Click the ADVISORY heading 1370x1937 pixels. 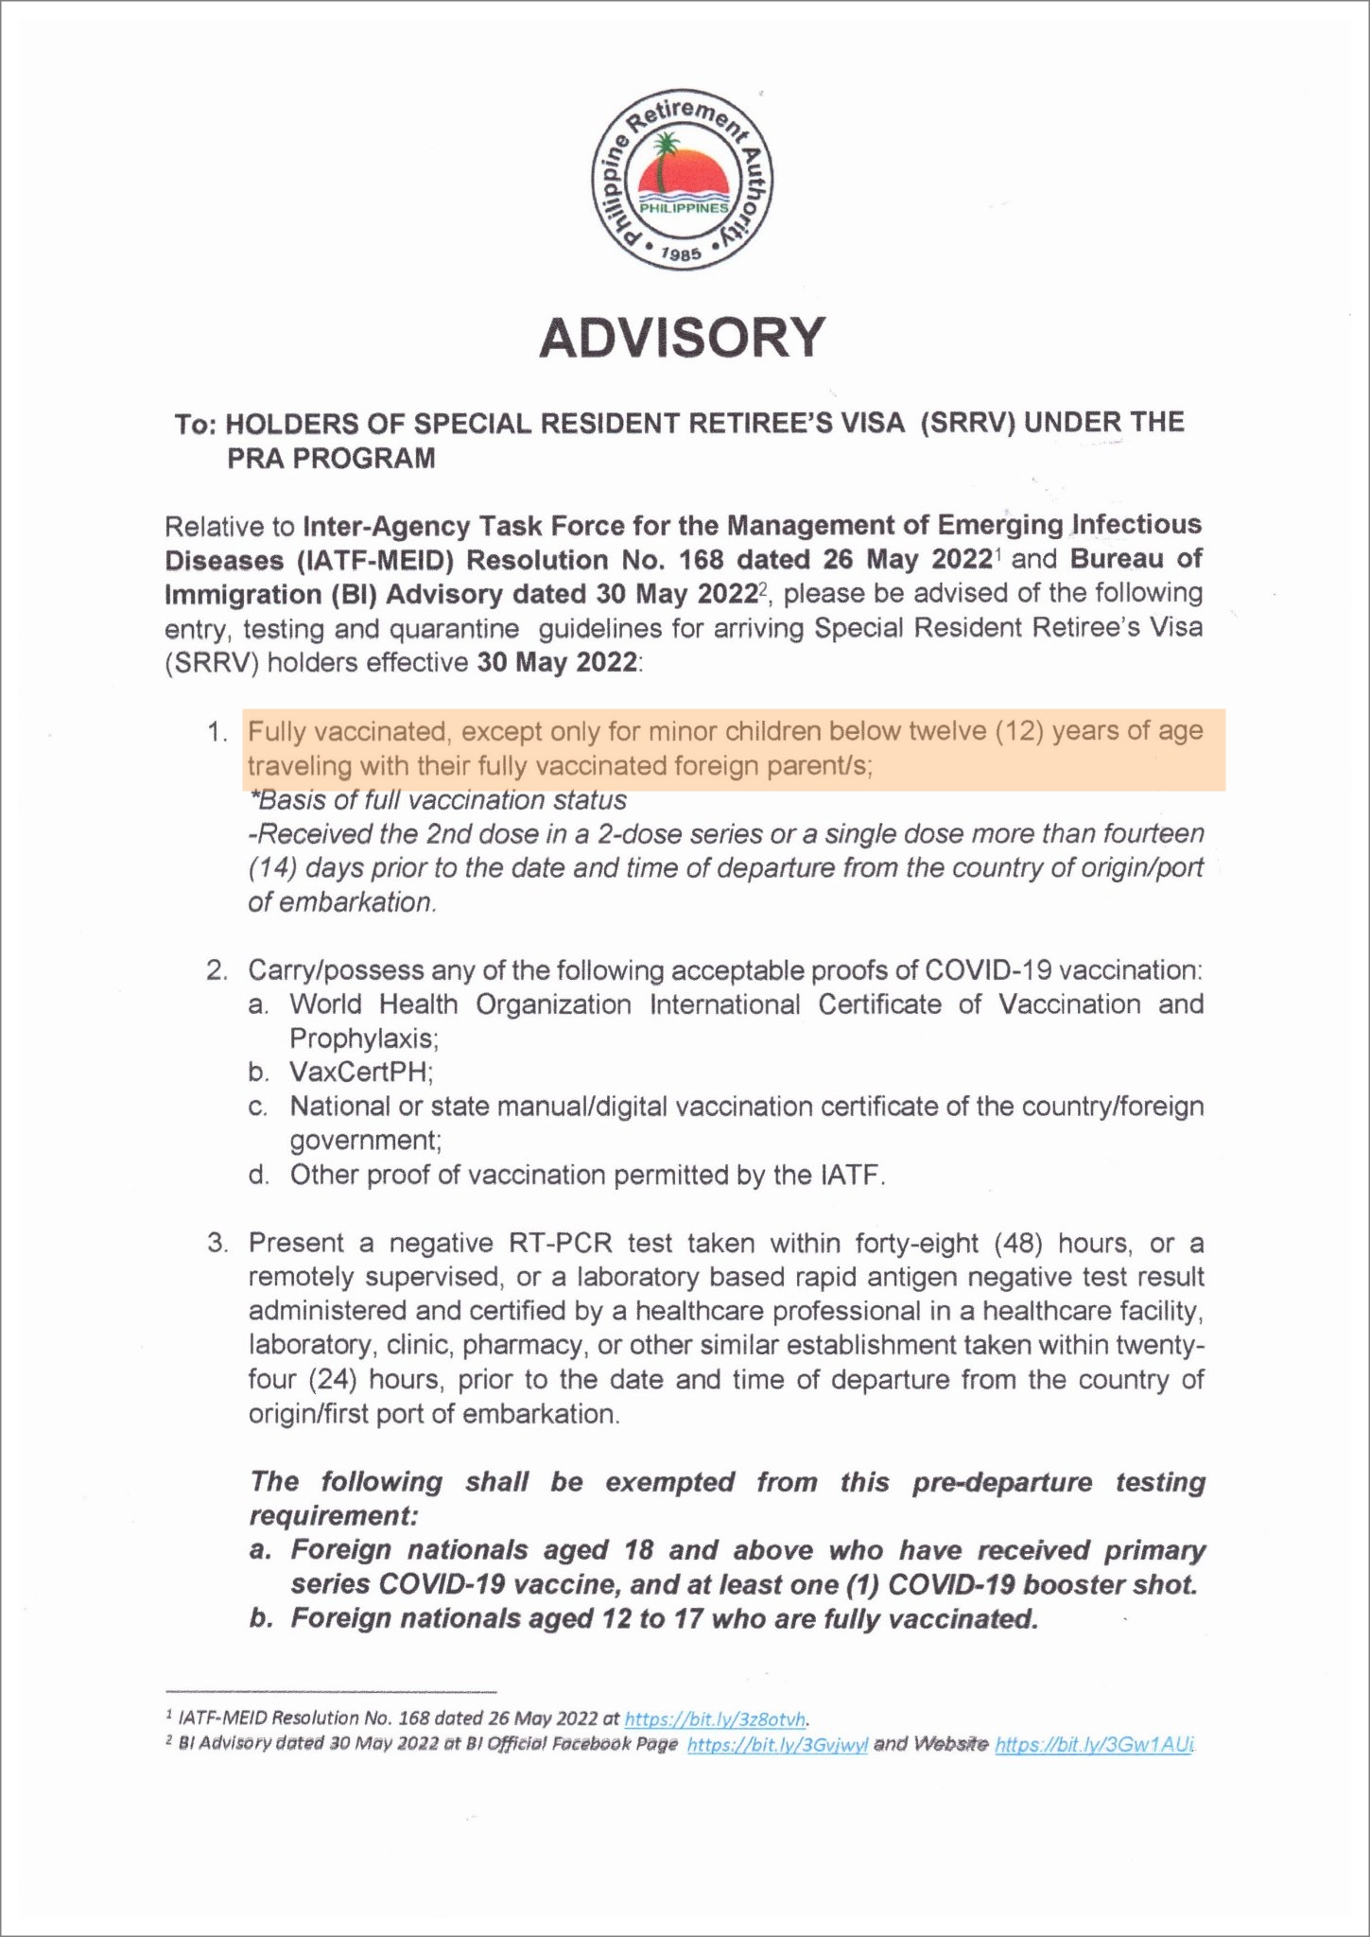coord(682,338)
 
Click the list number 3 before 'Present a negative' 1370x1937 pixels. coord(217,1242)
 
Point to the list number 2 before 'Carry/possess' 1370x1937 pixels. coord(217,970)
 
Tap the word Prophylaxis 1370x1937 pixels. coord(364,1038)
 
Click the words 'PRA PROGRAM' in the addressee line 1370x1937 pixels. coord(331,459)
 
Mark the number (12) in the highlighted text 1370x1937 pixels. coord(1020,731)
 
